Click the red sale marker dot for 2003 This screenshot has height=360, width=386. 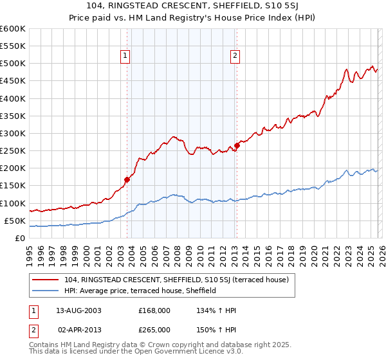[127, 180]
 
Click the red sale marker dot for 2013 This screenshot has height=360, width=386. [237, 146]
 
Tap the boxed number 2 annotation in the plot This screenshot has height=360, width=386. [235, 57]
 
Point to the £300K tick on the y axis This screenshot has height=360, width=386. [13, 134]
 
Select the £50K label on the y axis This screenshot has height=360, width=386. [15, 221]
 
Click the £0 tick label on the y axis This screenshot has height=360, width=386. [19, 239]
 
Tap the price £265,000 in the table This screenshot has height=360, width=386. [154, 330]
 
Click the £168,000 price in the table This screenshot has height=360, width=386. [154, 310]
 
